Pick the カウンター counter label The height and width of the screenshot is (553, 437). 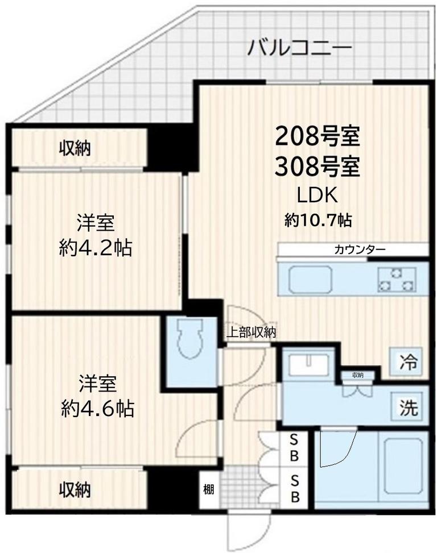point(360,250)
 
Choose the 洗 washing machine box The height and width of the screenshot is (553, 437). point(409,408)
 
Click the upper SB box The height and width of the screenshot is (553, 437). point(295,447)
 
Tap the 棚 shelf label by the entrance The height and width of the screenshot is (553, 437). point(209,489)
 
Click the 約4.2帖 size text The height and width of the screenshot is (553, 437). point(96,248)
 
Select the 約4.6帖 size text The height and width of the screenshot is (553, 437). point(97,408)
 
